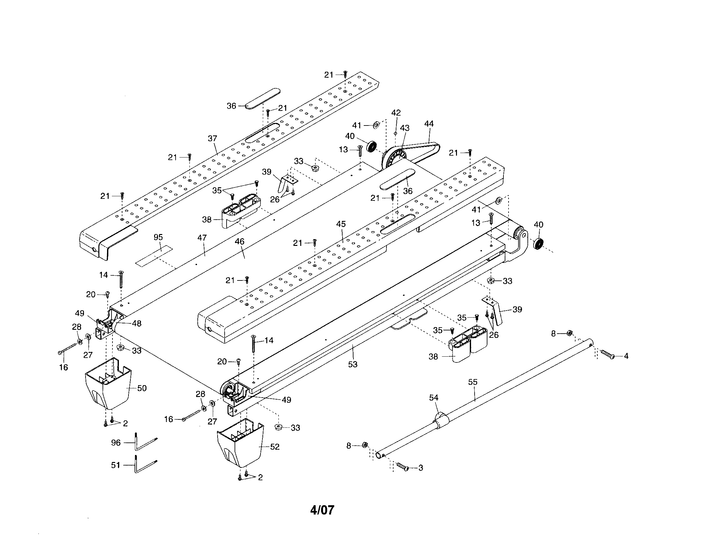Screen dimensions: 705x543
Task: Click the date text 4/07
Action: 322,510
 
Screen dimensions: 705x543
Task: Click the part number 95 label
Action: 158,237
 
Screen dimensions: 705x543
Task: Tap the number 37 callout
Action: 212,138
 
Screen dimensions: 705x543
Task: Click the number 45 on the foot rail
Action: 341,224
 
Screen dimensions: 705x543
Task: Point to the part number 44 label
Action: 429,124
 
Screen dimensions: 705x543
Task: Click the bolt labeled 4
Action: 607,355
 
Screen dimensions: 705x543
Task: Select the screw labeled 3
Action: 402,466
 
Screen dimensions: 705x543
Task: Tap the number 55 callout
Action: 473,382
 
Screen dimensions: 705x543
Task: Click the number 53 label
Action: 353,364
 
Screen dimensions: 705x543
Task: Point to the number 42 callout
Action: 396,112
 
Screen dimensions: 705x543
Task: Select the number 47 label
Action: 202,238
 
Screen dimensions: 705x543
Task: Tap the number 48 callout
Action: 137,323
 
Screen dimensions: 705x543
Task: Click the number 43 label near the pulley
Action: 405,128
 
